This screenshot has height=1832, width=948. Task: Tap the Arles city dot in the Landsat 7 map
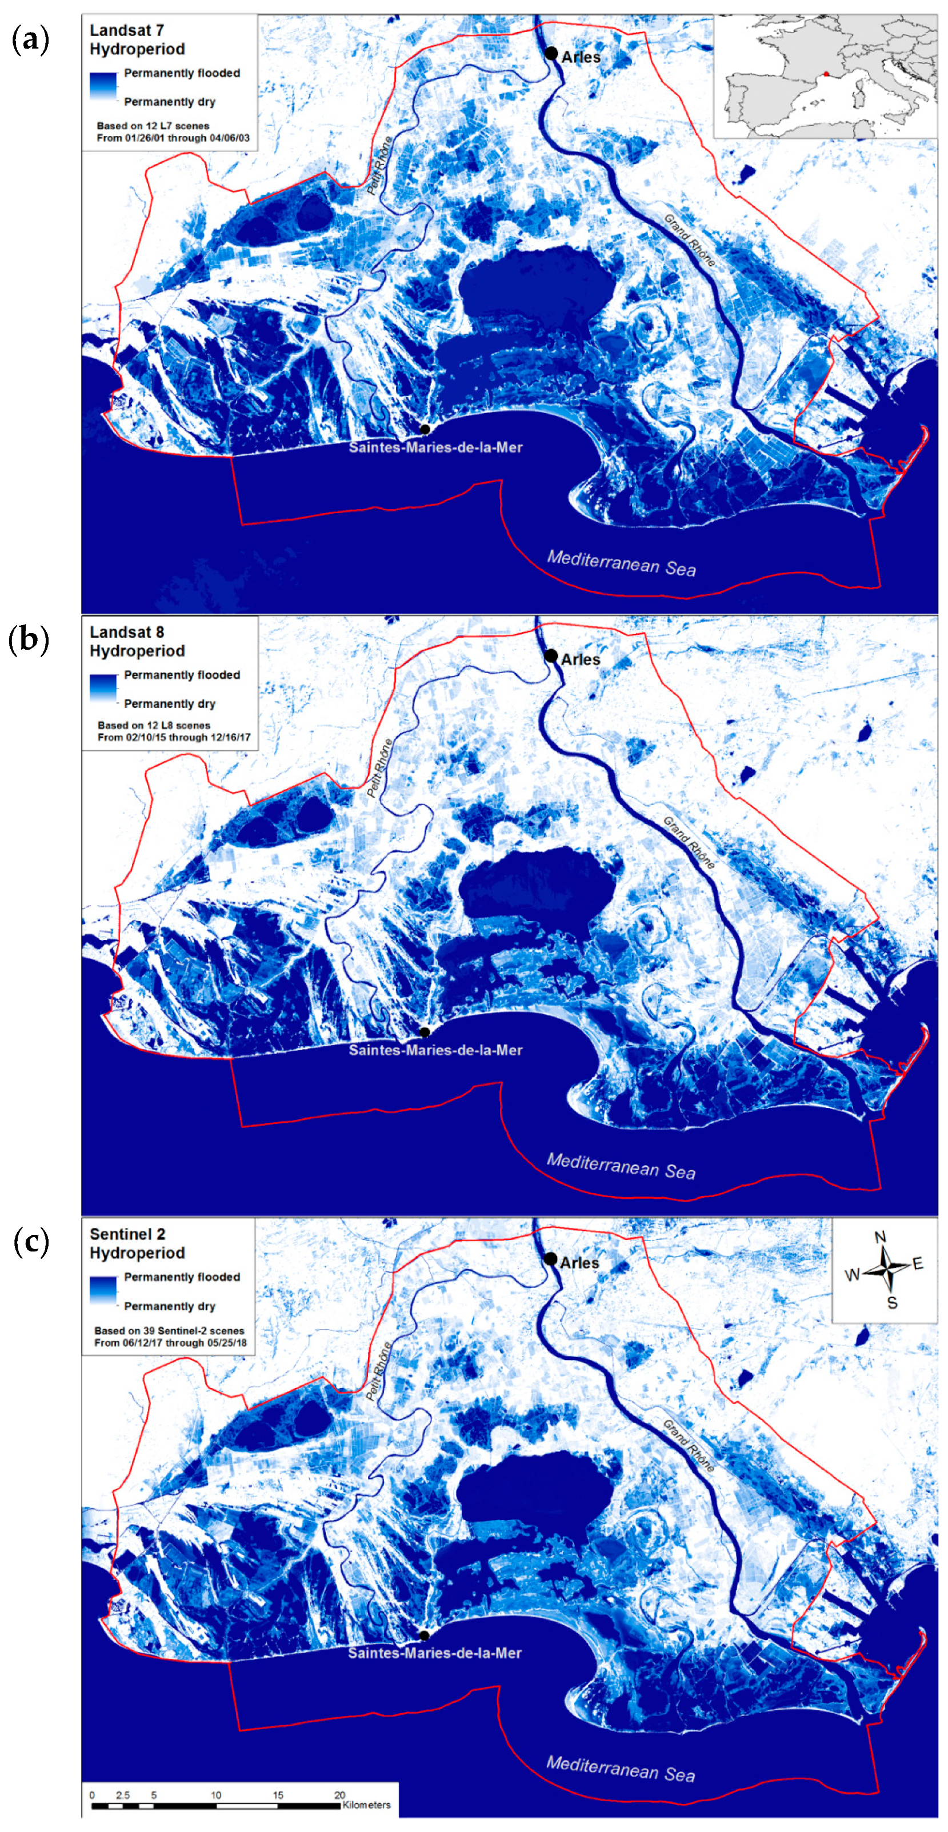click(x=551, y=53)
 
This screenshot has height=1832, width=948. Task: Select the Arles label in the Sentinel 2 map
click(x=579, y=1262)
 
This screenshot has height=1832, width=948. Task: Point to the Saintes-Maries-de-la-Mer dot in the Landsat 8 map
click(x=425, y=1032)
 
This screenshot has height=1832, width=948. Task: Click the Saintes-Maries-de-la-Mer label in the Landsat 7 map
click(x=435, y=447)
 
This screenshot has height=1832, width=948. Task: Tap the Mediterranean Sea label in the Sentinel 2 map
click(x=620, y=1769)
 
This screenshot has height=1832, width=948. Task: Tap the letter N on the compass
click(x=881, y=1236)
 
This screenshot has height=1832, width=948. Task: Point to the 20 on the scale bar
click(x=340, y=1794)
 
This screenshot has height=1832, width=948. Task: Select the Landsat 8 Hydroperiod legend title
click(x=137, y=642)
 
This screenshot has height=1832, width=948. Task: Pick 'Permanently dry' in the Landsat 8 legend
click(x=169, y=703)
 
